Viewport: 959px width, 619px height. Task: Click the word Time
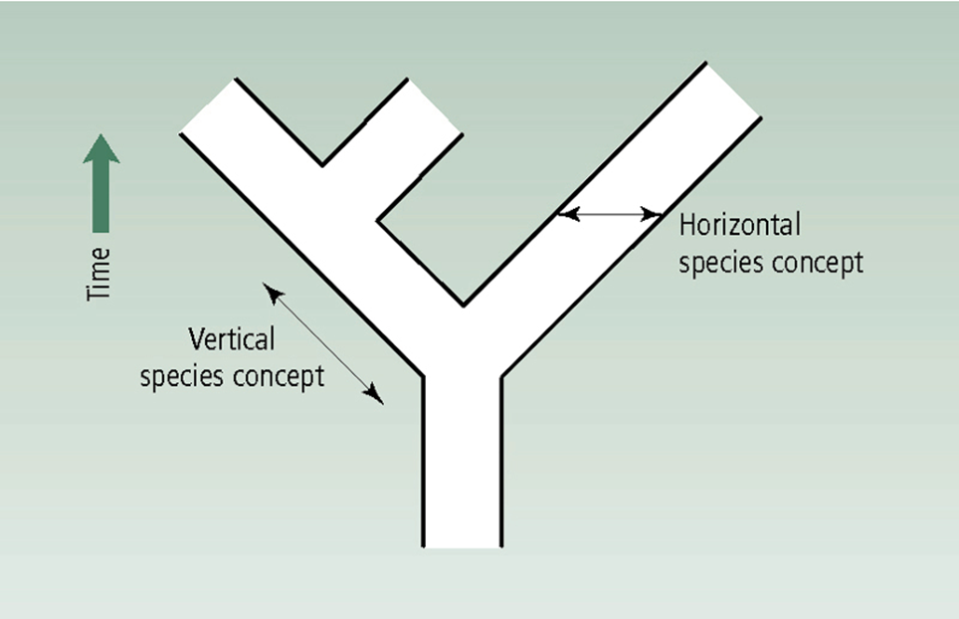pos(99,273)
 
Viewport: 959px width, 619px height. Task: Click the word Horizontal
pos(739,226)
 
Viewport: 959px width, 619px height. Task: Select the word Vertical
pos(232,340)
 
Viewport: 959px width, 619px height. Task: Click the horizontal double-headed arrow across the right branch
pos(610,213)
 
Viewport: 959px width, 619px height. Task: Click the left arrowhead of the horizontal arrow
pos(566,213)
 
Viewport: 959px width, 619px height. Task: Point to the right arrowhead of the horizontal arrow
pos(654,213)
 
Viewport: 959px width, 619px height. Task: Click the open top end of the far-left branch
pos(207,104)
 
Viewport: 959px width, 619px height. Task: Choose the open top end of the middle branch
pos(434,105)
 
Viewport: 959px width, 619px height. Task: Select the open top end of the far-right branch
pos(734,90)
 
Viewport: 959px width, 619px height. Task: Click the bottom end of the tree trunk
pos(463,544)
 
